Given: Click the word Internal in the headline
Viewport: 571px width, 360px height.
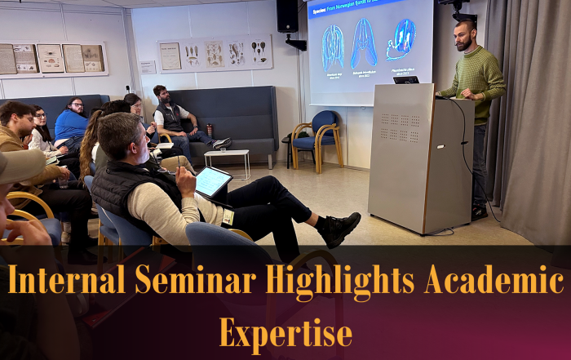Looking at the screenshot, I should (x=65, y=282).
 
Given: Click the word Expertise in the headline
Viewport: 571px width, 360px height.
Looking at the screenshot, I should (x=285, y=332).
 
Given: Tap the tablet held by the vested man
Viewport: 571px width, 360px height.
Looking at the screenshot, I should (x=212, y=182).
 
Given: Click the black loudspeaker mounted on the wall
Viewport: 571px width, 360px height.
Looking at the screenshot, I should (x=287, y=16).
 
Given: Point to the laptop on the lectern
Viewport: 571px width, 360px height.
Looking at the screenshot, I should (x=405, y=79).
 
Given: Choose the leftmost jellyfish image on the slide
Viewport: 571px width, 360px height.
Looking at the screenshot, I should (x=333, y=47).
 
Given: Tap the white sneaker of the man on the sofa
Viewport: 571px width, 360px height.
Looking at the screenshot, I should (x=221, y=144).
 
